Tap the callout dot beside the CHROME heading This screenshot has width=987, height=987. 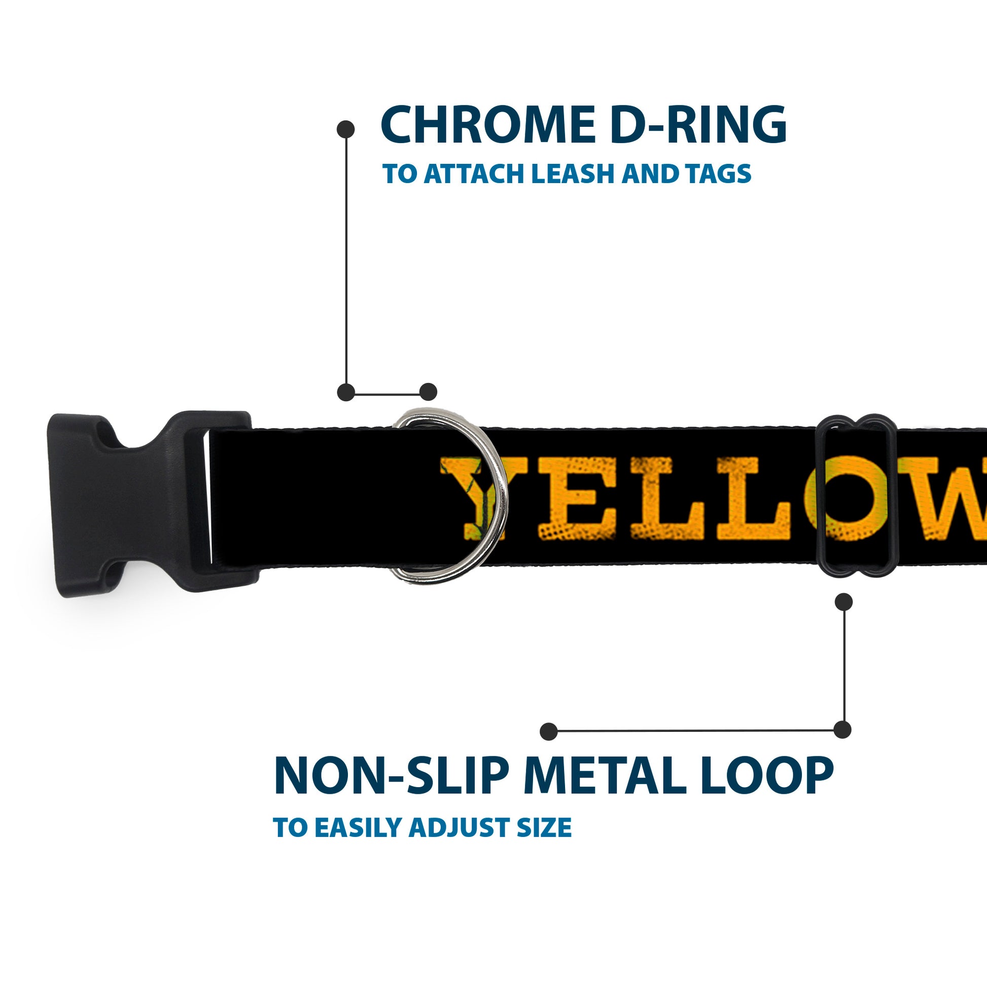click(x=346, y=129)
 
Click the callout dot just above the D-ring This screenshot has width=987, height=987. click(x=428, y=393)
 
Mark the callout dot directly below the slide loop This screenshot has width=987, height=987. click(x=843, y=602)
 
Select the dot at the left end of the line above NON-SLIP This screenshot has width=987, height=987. click(x=549, y=731)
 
